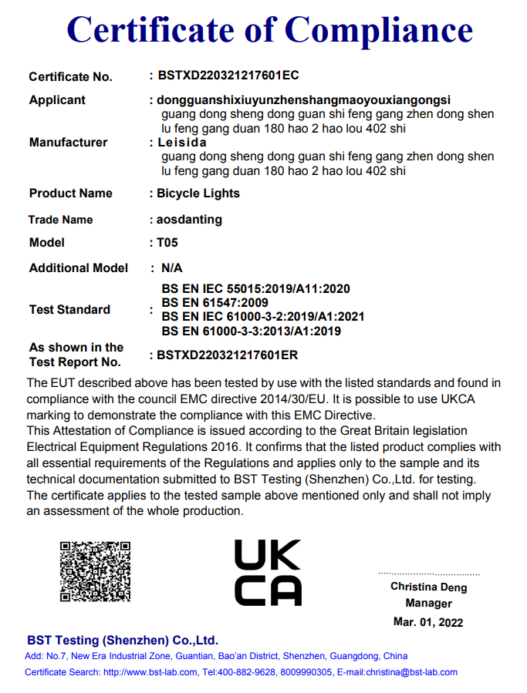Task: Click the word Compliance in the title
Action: pyautogui.click(x=379, y=30)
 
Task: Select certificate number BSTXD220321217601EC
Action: pyautogui.click(x=228, y=76)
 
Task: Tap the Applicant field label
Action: pyautogui.click(x=57, y=100)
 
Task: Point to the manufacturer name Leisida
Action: pyautogui.click(x=181, y=143)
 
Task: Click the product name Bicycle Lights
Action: pyautogui.click(x=198, y=193)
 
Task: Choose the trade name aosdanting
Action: pyautogui.click(x=189, y=220)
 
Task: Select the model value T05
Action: pyautogui.click(x=167, y=243)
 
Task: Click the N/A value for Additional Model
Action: pyautogui.click(x=171, y=268)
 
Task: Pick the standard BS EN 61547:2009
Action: pyautogui.click(x=215, y=303)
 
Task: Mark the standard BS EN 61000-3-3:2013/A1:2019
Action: pyautogui.click(x=251, y=331)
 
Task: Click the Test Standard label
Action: pyautogui.click(x=69, y=310)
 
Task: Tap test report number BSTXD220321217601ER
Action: pyautogui.click(x=227, y=355)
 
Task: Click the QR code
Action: pyautogui.click(x=95, y=571)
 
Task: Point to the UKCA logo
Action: pyautogui.click(x=267, y=572)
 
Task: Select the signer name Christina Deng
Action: pyautogui.click(x=428, y=587)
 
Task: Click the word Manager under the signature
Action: pyautogui.click(x=428, y=604)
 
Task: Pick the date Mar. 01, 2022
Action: pyautogui.click(x=428, y=622)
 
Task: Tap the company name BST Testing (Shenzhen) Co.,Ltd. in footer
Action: pyautogui.click(x=123, y=641)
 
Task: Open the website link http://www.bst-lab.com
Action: pyautogui.click(x=150, y=672)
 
